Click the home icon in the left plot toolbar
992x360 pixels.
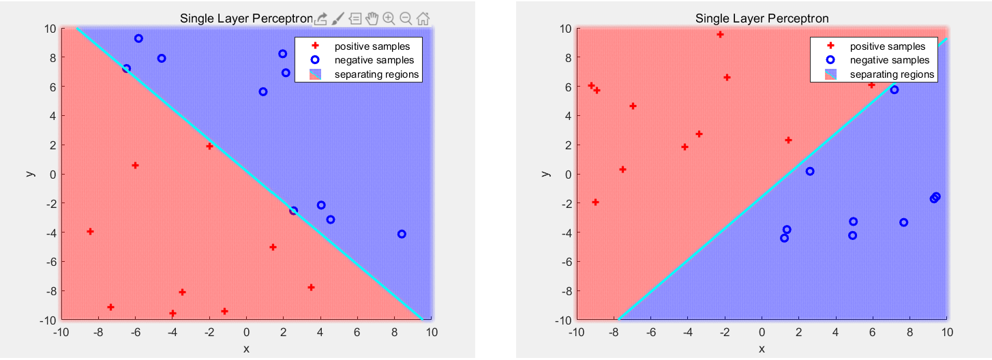(423, 18)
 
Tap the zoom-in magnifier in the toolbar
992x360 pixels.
(389, 18)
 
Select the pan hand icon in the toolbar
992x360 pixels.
(372, 18)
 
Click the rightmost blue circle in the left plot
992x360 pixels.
(402, 234)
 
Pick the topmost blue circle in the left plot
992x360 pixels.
(138, 39)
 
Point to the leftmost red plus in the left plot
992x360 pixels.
(90, 232)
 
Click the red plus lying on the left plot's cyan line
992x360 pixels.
(209, 146)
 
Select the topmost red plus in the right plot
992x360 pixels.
(720, 34)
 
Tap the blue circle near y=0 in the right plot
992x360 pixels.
(810, 171)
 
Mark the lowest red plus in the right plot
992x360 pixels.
(595, 202)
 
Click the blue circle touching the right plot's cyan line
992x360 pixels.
(895, 90)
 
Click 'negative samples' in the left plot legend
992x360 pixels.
(374, 60)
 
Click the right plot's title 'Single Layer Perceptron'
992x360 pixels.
(762, 18)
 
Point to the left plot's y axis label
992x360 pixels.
(31, 173)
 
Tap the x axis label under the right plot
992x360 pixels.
(762, 349)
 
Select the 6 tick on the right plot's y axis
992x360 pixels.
(566, 87)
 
